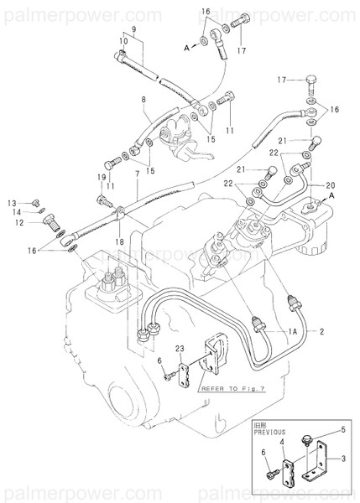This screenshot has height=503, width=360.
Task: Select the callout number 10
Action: pyautogui.click(x=123, y=40)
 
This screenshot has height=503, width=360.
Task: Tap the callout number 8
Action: pyautogui.click(x=143, y=99)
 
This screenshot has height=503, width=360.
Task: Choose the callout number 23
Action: pyautogui.click(x=180, y=349)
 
